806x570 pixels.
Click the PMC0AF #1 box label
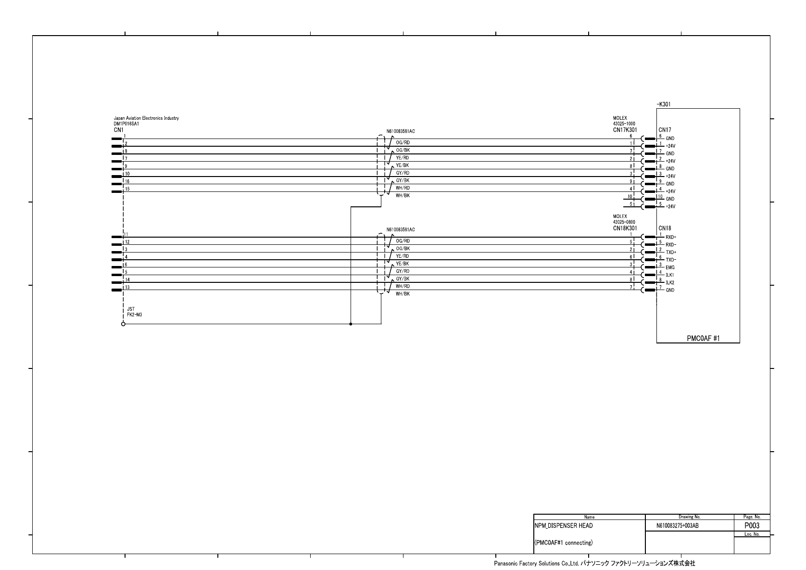point(703,338)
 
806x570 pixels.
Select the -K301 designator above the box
point(664,104)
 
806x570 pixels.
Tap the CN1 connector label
point(118,130)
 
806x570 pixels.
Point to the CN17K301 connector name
point(625,130)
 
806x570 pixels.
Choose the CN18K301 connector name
point(625,228)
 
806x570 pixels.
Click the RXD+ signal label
point(671,237)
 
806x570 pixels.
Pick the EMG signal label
point(670,267)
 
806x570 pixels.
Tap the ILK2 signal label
point(670,282)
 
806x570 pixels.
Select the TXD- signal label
point(671,260)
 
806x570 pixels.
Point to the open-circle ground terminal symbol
point(123,324)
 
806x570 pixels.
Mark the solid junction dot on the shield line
point(351,324)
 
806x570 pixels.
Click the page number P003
point(752,526)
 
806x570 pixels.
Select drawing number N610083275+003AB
point(677,526)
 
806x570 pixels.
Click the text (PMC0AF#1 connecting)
point(564,543)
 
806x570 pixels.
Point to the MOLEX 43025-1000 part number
point(624,124)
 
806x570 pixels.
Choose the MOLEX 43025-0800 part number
point(624,222)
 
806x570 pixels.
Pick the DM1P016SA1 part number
point(126,124)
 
